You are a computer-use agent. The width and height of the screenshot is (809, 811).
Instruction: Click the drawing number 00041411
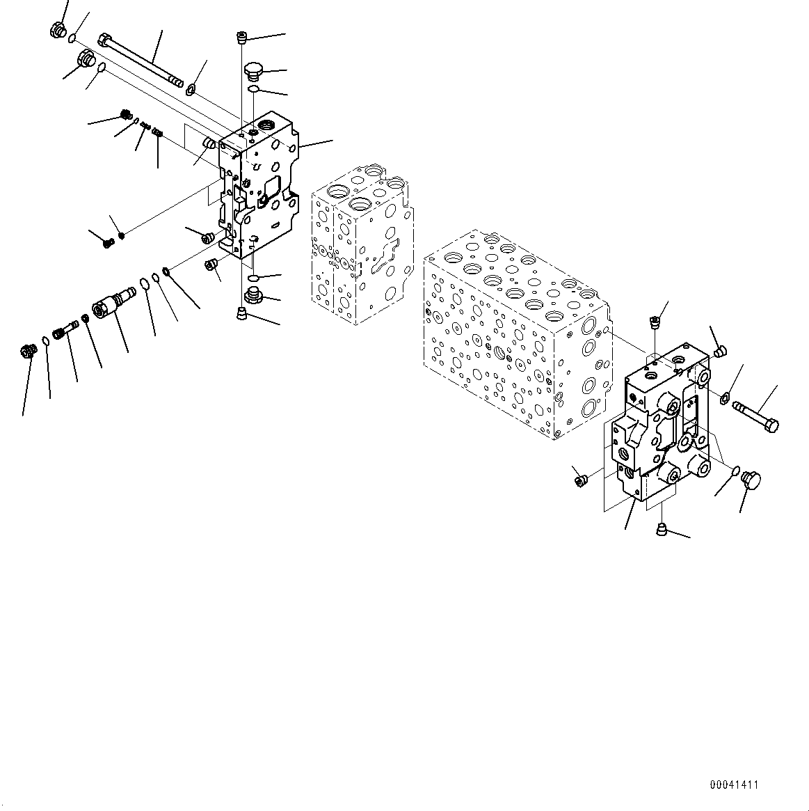(x=734, y=785)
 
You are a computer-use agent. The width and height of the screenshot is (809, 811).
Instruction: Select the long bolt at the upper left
(x=142, y=62)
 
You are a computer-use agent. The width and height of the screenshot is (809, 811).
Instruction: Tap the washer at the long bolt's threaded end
(x=190, y=88)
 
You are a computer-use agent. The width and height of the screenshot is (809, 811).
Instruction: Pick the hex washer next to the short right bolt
(x=723, y=398)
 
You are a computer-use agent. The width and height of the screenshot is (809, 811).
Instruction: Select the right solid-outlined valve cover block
(x=661, y=425)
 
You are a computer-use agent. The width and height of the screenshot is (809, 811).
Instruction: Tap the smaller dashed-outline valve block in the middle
(x=362, y=244)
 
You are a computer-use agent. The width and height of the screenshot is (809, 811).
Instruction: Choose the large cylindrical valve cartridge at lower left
(x=111, y=306)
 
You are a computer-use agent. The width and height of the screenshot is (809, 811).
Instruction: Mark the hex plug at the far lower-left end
(x=29, y=352)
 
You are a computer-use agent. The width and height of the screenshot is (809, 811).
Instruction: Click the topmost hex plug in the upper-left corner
(x=58, y=30)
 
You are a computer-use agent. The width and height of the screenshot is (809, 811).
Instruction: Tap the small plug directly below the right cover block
(x=662, y=532)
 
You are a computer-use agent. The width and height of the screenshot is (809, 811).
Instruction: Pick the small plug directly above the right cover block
(x=654, y=322)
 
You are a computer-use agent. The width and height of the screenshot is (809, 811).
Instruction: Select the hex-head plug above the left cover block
(x=253, y=71)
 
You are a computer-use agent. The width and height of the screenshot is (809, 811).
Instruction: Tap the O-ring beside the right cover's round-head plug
(x=735, y=473)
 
